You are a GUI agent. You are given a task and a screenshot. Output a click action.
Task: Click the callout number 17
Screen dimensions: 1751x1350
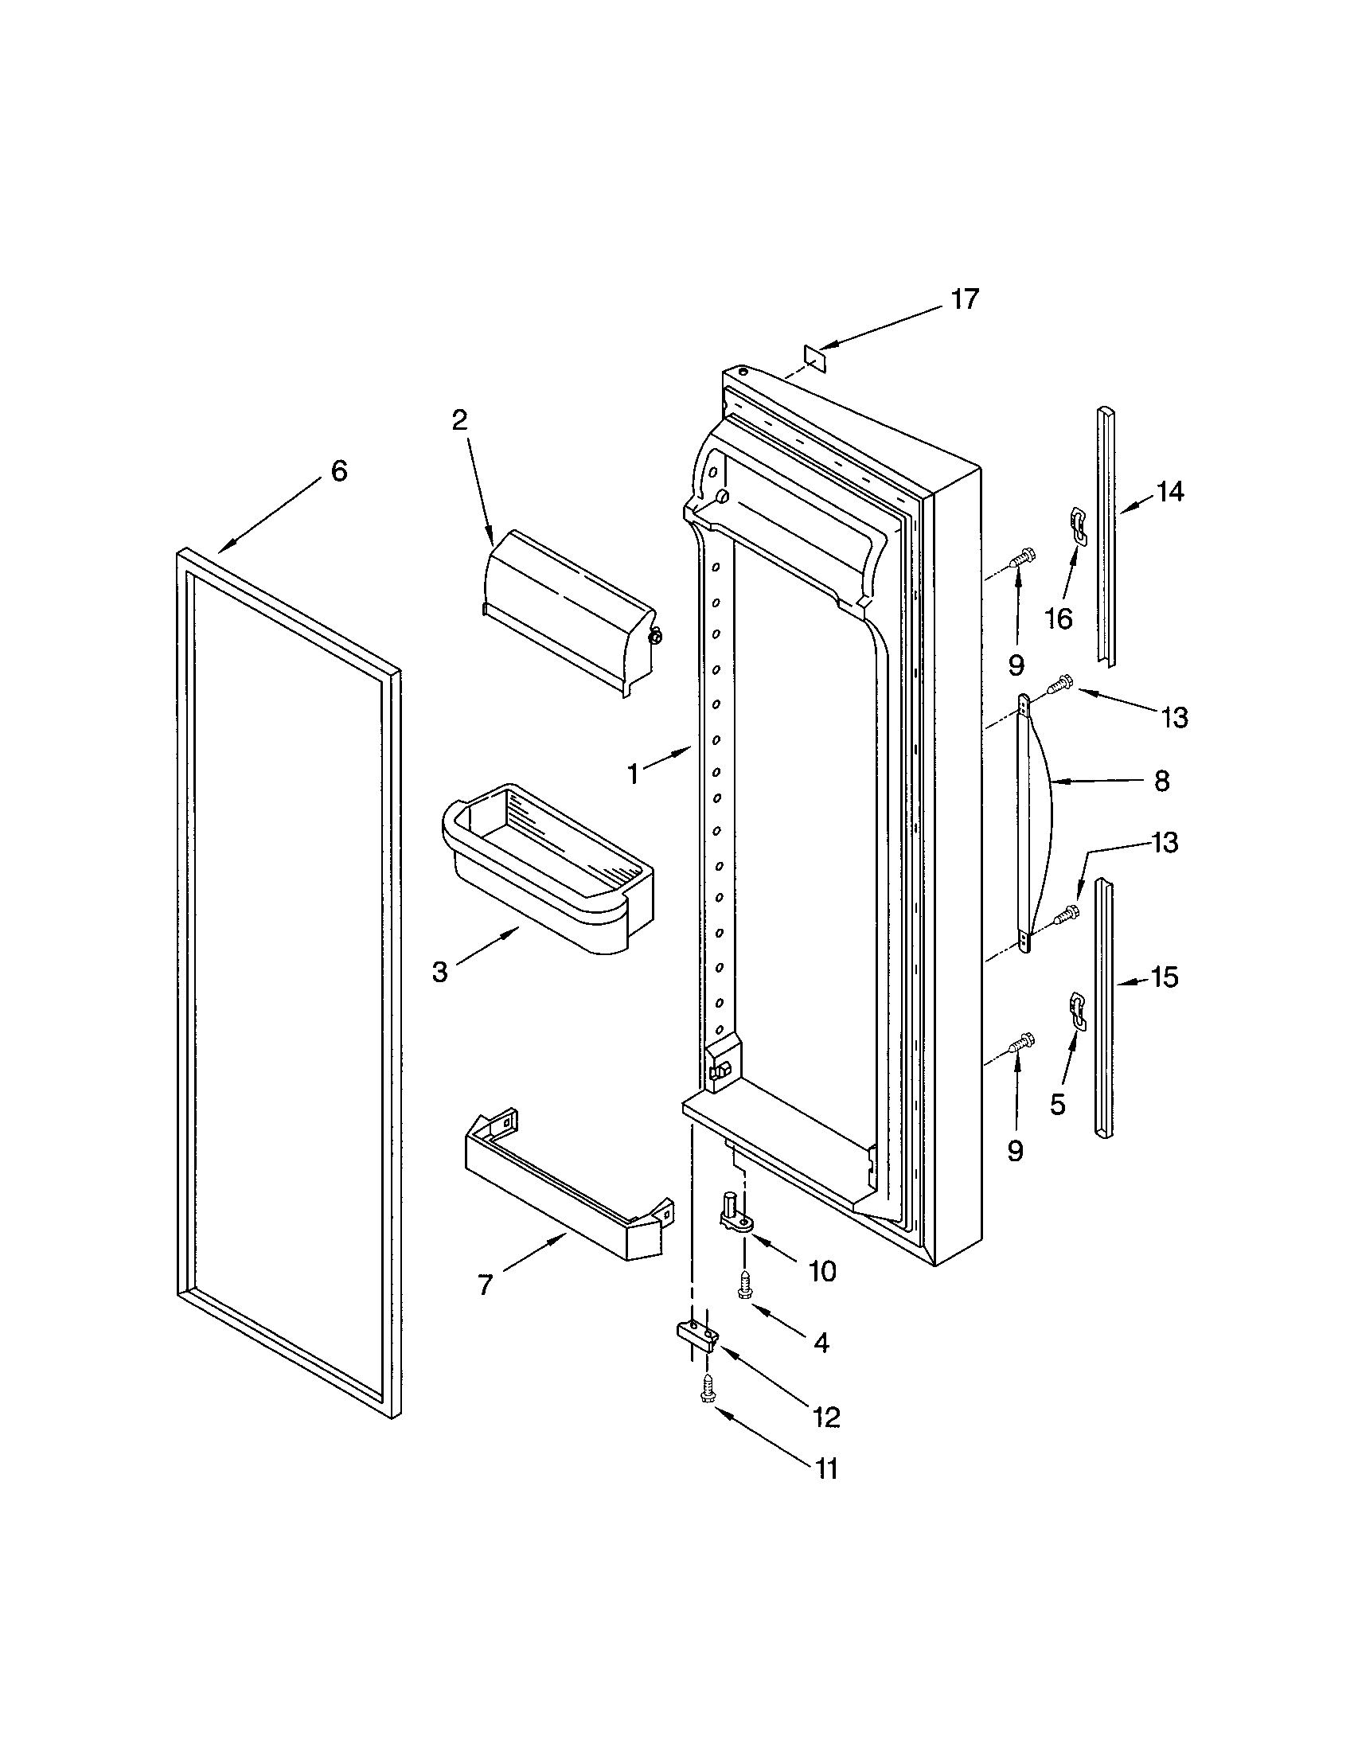pyautogui.click(x=965, y=299)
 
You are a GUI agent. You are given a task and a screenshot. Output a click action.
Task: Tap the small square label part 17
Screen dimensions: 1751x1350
pyautogui.click(x=814, y=355)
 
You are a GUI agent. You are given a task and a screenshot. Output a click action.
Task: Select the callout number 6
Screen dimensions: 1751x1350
pyautogui.click(x=339, y=471)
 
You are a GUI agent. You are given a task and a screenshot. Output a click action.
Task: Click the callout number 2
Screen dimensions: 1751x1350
pyautogui.click(x=459, y=419)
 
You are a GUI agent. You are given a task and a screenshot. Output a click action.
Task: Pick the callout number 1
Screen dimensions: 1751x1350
pyautogui.click(x=634, y=774)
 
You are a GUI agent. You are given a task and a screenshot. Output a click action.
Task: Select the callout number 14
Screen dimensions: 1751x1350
pyautogui.click(x=1169, y=491)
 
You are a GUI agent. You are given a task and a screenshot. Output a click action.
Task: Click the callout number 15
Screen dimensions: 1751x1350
pyautogui.click(x=1164, y=977)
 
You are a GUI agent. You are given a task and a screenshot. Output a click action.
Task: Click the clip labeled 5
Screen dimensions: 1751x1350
pyautogui.click(x=1079, y=1012)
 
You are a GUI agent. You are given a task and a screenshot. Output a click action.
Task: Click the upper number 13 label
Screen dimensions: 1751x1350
pyautogui.click(x=1173, y=718)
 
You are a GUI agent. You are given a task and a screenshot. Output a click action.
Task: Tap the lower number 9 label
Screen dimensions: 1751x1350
pyautogui.click(x=1015, y=1152)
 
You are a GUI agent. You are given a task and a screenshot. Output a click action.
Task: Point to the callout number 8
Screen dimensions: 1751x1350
pyautogui.click(x=1161, y=780)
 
